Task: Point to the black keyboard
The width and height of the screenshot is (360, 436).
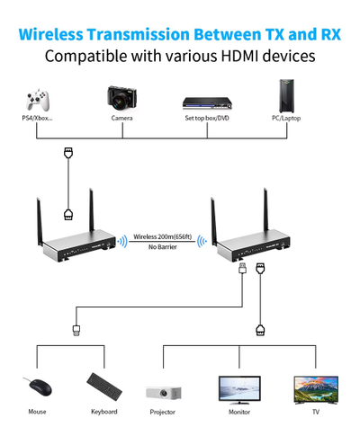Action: tap(103, 386)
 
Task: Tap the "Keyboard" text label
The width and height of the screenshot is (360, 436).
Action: tap(103, 413)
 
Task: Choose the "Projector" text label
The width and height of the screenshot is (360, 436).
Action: tap(162, 413)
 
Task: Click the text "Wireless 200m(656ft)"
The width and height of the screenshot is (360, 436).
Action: tap(163, 236)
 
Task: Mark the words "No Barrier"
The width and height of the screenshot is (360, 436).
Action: tap(163, 247)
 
